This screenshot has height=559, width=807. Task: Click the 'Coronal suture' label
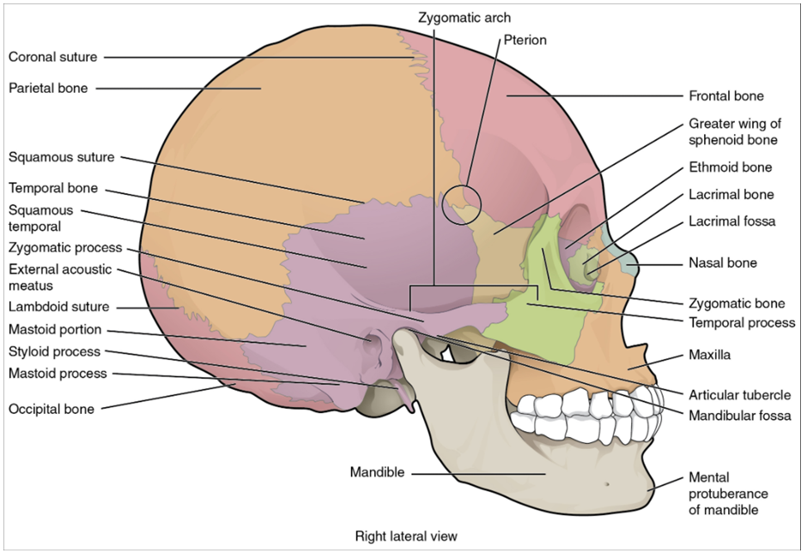(x=52, y=58)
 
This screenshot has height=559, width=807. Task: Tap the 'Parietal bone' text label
(x=48, y=88)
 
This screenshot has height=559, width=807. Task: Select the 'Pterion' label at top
(x=525, y=39)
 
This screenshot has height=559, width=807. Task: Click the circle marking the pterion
(x=461, y=203)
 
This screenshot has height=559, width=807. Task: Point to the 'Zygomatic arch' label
(x=464, y=17)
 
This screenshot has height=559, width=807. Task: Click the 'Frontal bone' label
(x=725, y=96)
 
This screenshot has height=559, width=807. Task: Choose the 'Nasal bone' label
(x=722, y=263)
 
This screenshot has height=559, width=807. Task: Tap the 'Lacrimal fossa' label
(x=731, y=222)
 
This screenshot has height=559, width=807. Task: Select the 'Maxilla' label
(x=709, y=354)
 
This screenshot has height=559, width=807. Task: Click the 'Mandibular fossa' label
(x=739, y=416)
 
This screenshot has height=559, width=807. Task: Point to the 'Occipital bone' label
(x=52, y=410)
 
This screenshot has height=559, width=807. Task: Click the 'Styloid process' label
(x=54, y=352)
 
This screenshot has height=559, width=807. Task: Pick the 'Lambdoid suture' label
(x=58, y=307)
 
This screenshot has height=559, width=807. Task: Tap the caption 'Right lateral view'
(x=406, y=537)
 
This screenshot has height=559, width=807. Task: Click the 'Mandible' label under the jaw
(x=377, y=473)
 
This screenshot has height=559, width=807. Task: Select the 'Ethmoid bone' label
(x=730, y=167)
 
